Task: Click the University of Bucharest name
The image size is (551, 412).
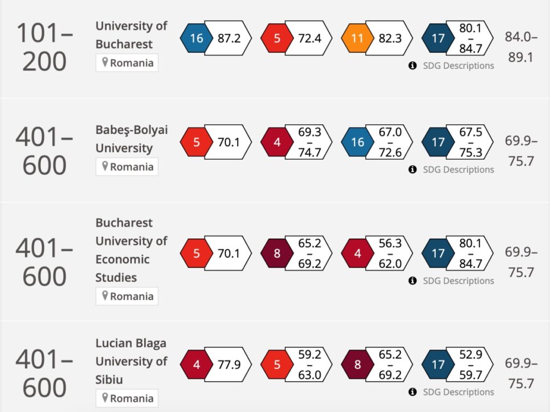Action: point(131,35)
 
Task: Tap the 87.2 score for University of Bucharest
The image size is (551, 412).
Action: point(229,39)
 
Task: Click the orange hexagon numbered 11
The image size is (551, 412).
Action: point(358,39)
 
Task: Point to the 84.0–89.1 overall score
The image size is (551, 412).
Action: point(521,47)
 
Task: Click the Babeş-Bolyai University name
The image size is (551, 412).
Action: point(131,139)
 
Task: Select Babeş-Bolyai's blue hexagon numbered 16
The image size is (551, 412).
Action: point(358,142)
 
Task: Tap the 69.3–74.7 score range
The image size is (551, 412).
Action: point(309,142)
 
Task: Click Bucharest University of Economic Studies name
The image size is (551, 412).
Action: point(131,250)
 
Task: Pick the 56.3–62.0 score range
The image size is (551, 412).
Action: point(390,253)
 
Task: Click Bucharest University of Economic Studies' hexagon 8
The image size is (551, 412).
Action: point(277,253)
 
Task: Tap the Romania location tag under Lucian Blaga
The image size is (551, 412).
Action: point(128,399)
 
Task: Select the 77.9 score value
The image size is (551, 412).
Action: point(229,365)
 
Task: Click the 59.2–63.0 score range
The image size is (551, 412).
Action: point(309,365)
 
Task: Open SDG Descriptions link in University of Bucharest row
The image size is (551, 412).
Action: point(457,66)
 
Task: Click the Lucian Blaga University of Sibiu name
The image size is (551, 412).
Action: point(131,361)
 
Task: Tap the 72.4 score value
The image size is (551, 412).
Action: point(309,39)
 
